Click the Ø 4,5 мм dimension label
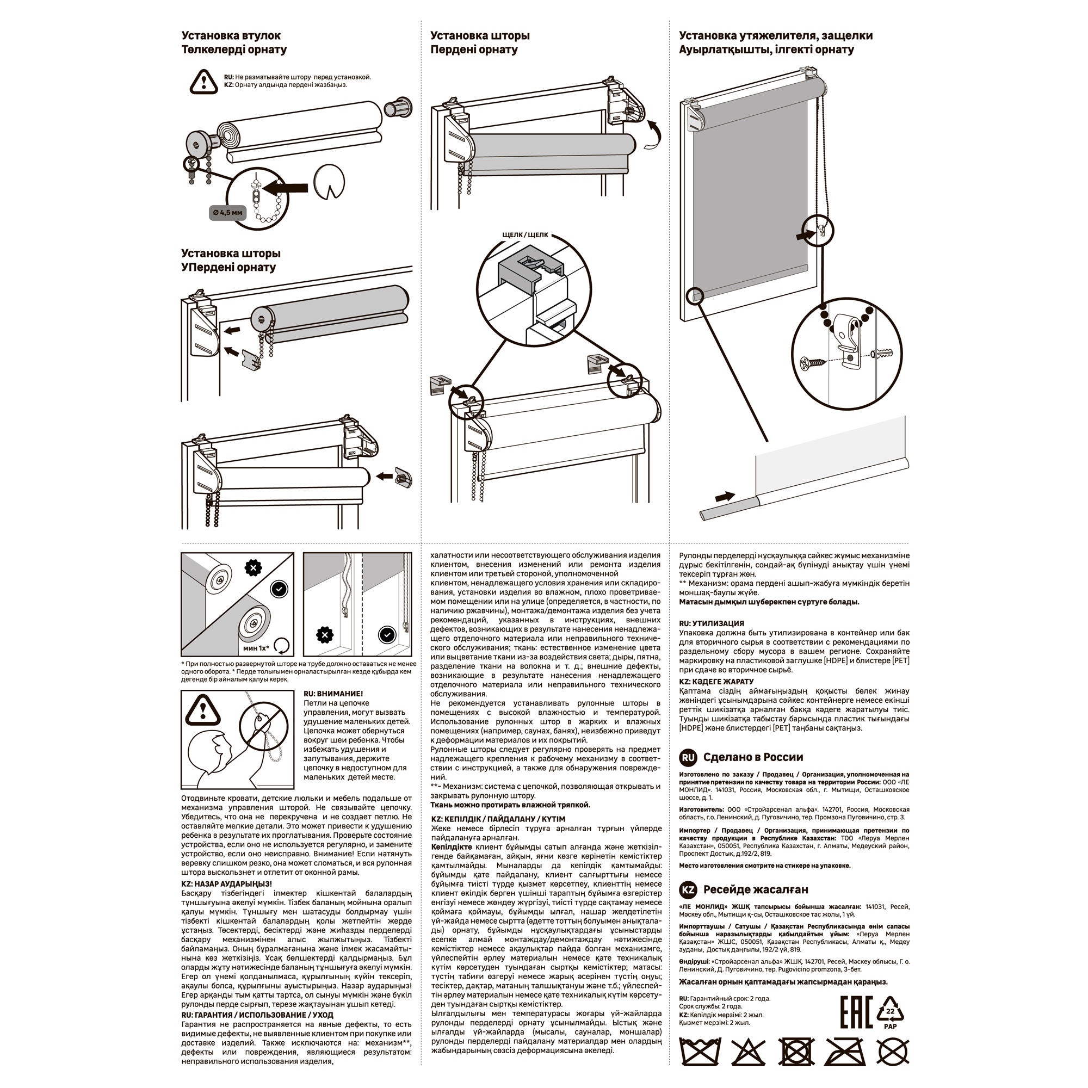(x=228, y=213)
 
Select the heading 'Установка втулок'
(x=231, y=35)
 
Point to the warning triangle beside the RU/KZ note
(x=203, y=82)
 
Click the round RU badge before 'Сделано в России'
(x=689, y=757)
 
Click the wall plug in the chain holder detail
(x=882, y=354)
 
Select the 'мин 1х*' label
(x=256, y=648)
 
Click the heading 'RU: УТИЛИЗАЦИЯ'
(x=712, y=624)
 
